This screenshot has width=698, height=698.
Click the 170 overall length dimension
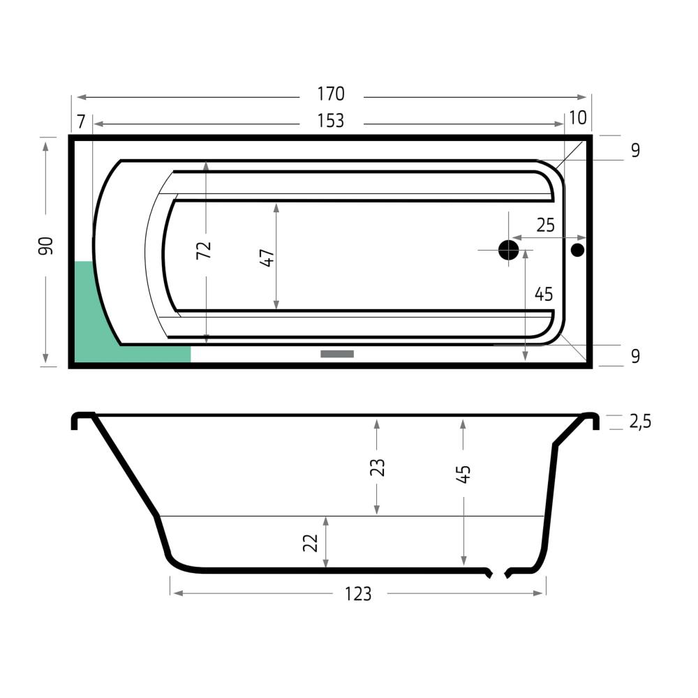(331, 94)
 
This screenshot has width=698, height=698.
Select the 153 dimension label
(331, 121)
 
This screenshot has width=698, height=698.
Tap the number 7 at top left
(80, 121)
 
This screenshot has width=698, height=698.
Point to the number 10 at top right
(578, 118)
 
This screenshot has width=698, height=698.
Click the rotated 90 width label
(46, 246)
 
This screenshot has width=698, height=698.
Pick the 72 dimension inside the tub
(204, 250)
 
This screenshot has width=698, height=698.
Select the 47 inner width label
(267, 258)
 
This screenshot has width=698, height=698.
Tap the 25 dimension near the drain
(545, 225)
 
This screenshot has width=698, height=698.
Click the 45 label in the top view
(544, 295)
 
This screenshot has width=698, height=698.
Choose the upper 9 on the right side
(636, 151)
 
